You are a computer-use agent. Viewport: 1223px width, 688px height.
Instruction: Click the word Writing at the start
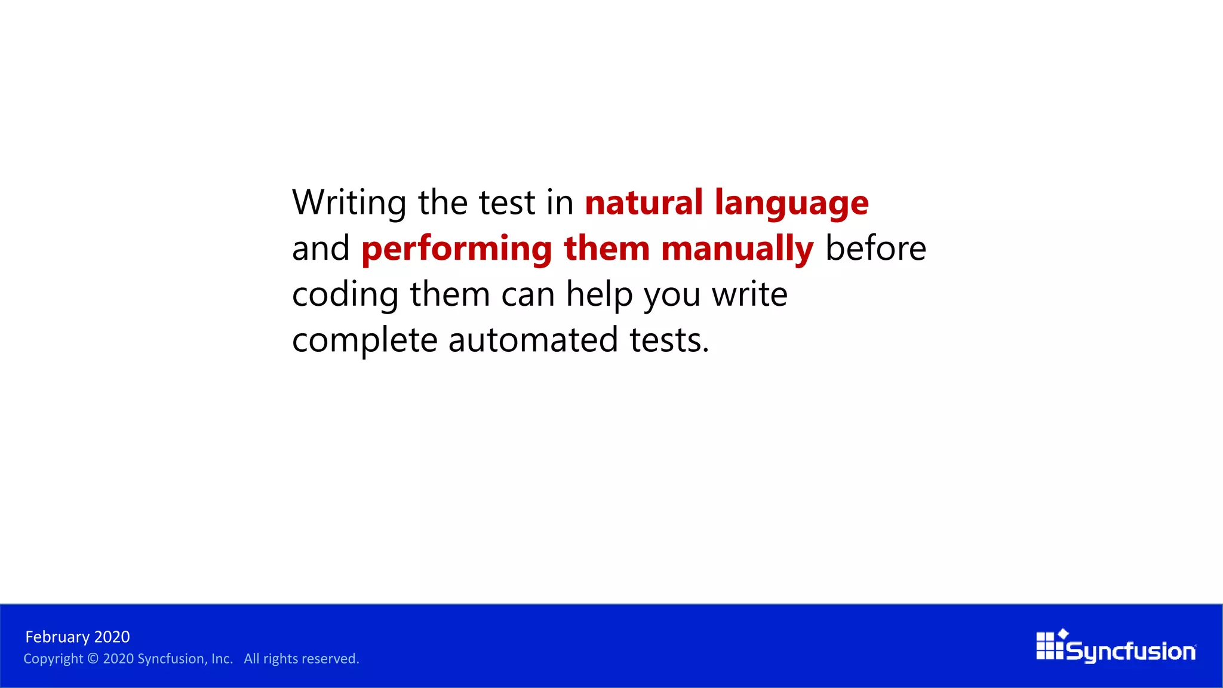pos(349,203)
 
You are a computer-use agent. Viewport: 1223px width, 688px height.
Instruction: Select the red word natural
pos(643,203)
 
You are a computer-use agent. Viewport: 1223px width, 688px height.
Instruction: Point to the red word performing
pos(457,250)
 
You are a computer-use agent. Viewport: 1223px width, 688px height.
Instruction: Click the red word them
pos(607,248)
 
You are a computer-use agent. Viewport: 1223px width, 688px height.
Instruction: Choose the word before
pos(875,248)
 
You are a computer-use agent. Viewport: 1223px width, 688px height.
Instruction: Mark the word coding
pos(345,295)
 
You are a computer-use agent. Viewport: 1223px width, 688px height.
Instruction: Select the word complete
pos(365,341)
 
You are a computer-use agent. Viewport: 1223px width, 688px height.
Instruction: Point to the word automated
pos(533,340)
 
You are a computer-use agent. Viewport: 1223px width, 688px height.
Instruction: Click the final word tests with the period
pos(669,340)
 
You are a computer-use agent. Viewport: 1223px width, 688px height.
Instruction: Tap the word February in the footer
pos(57,637)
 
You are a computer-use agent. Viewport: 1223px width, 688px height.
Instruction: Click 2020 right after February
pos(112,637)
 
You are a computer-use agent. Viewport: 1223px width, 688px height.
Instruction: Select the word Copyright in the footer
pos(53,659)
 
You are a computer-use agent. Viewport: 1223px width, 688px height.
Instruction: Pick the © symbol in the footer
pos(93,659)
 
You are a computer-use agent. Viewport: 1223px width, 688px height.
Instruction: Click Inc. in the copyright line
pos(222,659)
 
